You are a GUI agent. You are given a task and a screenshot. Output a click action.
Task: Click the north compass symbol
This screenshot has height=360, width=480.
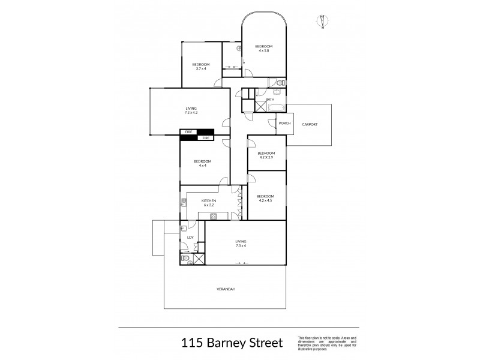tap(323, 21)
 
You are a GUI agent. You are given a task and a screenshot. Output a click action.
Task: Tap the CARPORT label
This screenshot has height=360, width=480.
tap(310, 124)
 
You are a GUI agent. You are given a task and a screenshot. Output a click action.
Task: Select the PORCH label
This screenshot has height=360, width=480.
tap(284, 124)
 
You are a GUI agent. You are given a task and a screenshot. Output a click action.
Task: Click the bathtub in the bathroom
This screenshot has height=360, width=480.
tap(277, 107)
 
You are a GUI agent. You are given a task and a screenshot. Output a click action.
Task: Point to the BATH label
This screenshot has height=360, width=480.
tap(278, 99)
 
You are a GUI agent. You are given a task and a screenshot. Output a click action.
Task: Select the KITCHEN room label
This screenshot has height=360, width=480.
tap(209, 200)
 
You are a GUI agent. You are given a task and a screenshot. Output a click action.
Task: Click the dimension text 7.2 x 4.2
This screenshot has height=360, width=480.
tap(191, 113)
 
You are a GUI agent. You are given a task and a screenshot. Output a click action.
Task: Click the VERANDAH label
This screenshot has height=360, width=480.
tap(226, 289)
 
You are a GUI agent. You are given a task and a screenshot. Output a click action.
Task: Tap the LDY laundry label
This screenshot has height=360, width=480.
tap(190, 238)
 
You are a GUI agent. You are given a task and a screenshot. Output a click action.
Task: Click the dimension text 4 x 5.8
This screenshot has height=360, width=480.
tap(264, 51)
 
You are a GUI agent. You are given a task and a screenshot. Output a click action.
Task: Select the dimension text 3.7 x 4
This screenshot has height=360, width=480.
tap(200, 68)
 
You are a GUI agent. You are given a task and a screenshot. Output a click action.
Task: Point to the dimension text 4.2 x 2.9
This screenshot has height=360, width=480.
tap(266, 157)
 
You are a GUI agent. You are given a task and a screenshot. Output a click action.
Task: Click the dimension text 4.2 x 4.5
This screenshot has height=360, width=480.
tap(265, 201)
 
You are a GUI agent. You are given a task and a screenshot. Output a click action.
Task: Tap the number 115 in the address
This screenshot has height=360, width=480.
tap(192, 343)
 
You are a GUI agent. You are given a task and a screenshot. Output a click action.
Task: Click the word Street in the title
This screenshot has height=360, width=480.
tap(262, 343)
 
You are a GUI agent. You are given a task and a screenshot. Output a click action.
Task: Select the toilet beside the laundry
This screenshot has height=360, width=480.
tap(186, 259)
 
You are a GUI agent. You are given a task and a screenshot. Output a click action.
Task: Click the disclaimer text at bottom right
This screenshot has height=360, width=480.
tap(326, 343)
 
